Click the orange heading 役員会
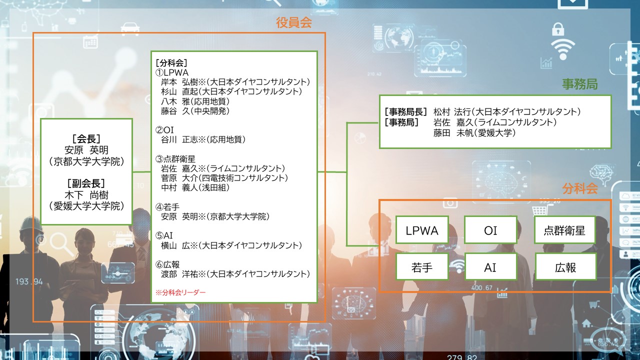pyautogui.click(x=293, y=22)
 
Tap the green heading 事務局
pyautogui.click(x=579, y=84)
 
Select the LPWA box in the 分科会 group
pyautogui.click(x=422, y=230)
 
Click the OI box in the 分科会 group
pyautogui.click(x=490, y=230)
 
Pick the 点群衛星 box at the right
pyautogui.click(x=565, y=230)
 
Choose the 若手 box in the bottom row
pyautogui.click(x=422, y=267)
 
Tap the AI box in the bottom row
pyautogui.click(x=490, y=267)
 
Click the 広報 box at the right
pyautogui.click(x=565, y=267)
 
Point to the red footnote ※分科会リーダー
pyautogui.click(x=180, y=292)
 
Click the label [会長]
pyautogui.click(x=86, y=139)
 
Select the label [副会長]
pyautogui.click(x=86, y=183)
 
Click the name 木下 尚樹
pyautogui.click(x=86, y=195)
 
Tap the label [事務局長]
pyautogui.click(x=405, y=111)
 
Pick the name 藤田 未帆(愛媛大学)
pyautogui.click(x=474, y=133)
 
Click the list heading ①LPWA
pyautogui.click(x=171, y=72)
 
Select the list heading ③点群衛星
pyautogui.click(x=175, y=159)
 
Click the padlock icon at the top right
pyautogui.click(x=558, y=29)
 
